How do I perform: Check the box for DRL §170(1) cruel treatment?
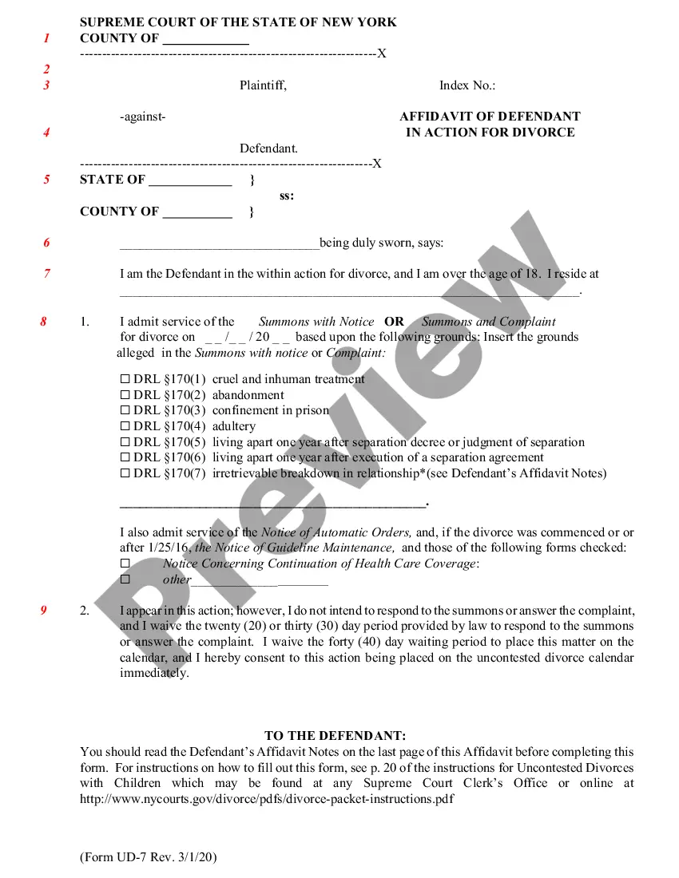point(125,380)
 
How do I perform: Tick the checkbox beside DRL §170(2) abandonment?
point(125,395)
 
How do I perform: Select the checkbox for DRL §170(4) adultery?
point(125,427)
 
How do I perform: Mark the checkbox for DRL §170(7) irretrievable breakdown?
point(125,474)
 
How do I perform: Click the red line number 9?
point(44,611)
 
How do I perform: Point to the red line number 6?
point(46,243)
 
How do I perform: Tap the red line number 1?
point(46,38)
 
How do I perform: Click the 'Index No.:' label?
point(467,85)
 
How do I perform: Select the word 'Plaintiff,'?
point(263,85)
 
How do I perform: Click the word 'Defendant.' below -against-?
point(269,148)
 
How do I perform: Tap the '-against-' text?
point(143,117)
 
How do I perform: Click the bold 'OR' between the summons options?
point(395,322)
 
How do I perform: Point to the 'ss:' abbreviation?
point(287,196)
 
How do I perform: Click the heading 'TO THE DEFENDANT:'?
point(336,736)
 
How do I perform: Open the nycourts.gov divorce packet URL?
point(267,799)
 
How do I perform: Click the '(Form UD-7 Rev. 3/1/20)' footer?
point(149,857)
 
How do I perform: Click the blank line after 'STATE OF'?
point(190,180)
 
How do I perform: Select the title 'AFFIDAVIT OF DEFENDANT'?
point(490,117)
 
